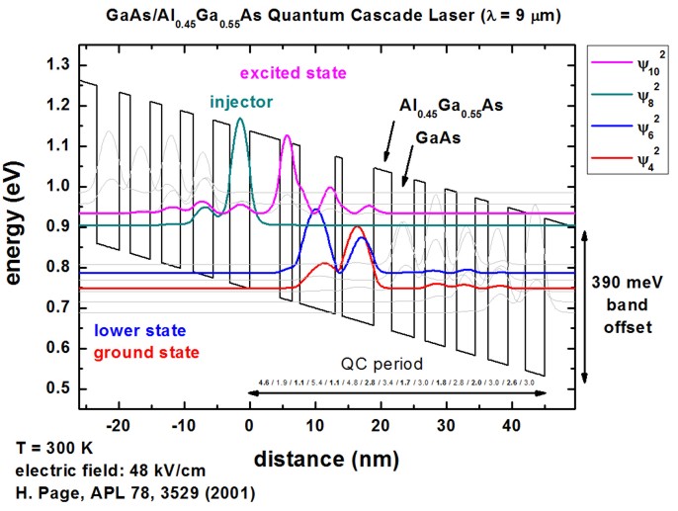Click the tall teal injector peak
(240, 122)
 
